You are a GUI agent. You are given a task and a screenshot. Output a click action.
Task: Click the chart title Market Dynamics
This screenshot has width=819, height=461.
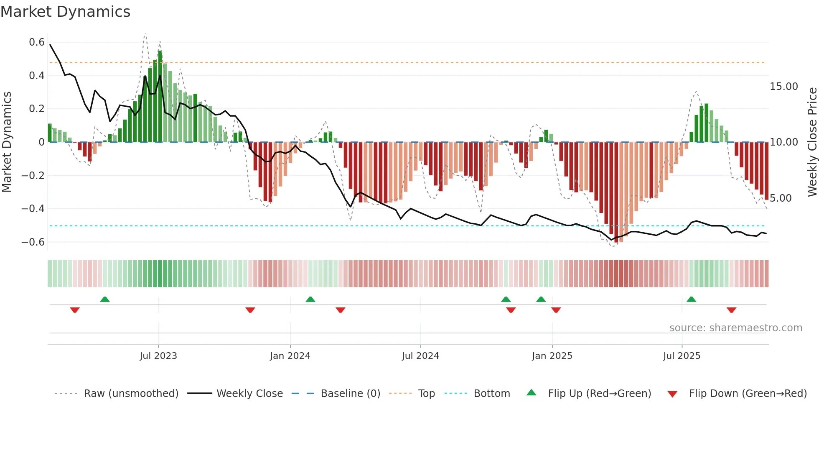click(x=65, y=12)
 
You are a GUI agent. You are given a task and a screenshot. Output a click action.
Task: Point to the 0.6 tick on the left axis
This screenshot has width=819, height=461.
click(x=37, y=42)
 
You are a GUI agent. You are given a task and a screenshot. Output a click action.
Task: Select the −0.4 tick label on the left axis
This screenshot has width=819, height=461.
click(x=33, y=209)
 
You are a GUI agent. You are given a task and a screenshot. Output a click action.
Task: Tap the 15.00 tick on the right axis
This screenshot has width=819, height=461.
click(x=783, y=87)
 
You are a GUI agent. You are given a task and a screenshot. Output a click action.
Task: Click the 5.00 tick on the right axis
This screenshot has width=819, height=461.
click(x=781, y=198)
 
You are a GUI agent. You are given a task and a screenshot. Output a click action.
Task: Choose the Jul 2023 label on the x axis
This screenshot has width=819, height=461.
click(x=158, y=356)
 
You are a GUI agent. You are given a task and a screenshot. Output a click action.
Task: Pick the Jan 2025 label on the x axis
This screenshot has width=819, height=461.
click(x=552, y=356)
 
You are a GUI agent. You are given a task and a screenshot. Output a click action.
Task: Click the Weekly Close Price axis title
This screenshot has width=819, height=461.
click(x=812, y=142)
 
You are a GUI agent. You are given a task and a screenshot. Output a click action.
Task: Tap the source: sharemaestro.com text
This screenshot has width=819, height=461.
click(x=735, y=328)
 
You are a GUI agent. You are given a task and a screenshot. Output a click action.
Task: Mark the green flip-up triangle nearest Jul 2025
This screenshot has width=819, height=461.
click(x=691, y=300)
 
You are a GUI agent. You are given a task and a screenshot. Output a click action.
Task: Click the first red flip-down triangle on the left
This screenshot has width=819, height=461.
click(x=75, y=310)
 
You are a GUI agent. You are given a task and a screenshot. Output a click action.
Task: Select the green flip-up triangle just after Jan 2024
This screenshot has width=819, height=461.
click(x=310, y=300)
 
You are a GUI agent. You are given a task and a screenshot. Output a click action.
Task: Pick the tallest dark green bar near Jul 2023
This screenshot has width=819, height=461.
click(x=160, y=96)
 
